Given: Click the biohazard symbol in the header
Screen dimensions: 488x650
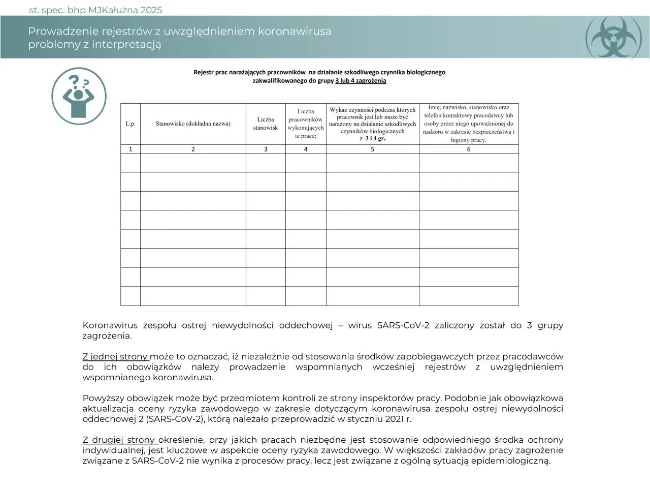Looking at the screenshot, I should pos(616,37).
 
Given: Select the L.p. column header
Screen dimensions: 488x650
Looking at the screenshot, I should pos(131,124).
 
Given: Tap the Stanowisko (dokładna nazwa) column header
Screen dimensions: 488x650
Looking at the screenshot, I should pos(193,124).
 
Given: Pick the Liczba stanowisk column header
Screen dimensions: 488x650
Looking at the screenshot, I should pos(266,124).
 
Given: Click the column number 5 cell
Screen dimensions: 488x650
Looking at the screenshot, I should pos(372,149).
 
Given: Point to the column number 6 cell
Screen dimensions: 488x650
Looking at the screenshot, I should pos(468,149).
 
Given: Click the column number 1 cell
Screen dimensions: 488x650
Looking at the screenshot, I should pos(131,149).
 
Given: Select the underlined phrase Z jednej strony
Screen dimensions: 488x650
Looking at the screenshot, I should pos(115,356).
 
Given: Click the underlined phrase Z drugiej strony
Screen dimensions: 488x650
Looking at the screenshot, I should pos(119,440).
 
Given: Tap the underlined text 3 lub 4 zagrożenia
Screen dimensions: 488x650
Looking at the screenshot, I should pos(361,81).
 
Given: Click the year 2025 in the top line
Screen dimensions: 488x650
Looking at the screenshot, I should pos(151,10).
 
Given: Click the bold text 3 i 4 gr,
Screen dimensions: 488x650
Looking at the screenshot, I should pos(375,138).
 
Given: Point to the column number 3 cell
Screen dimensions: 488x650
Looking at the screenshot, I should pos(266,149).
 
